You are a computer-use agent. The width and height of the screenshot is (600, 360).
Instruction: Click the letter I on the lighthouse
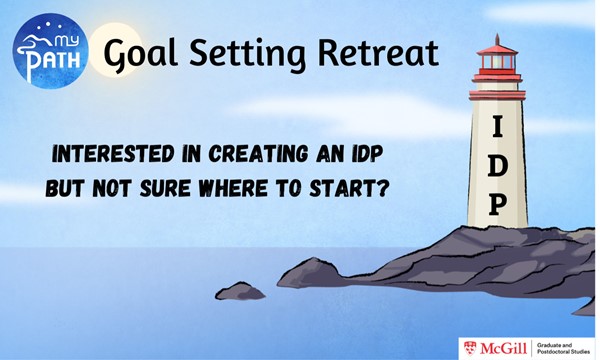(498, 127)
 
